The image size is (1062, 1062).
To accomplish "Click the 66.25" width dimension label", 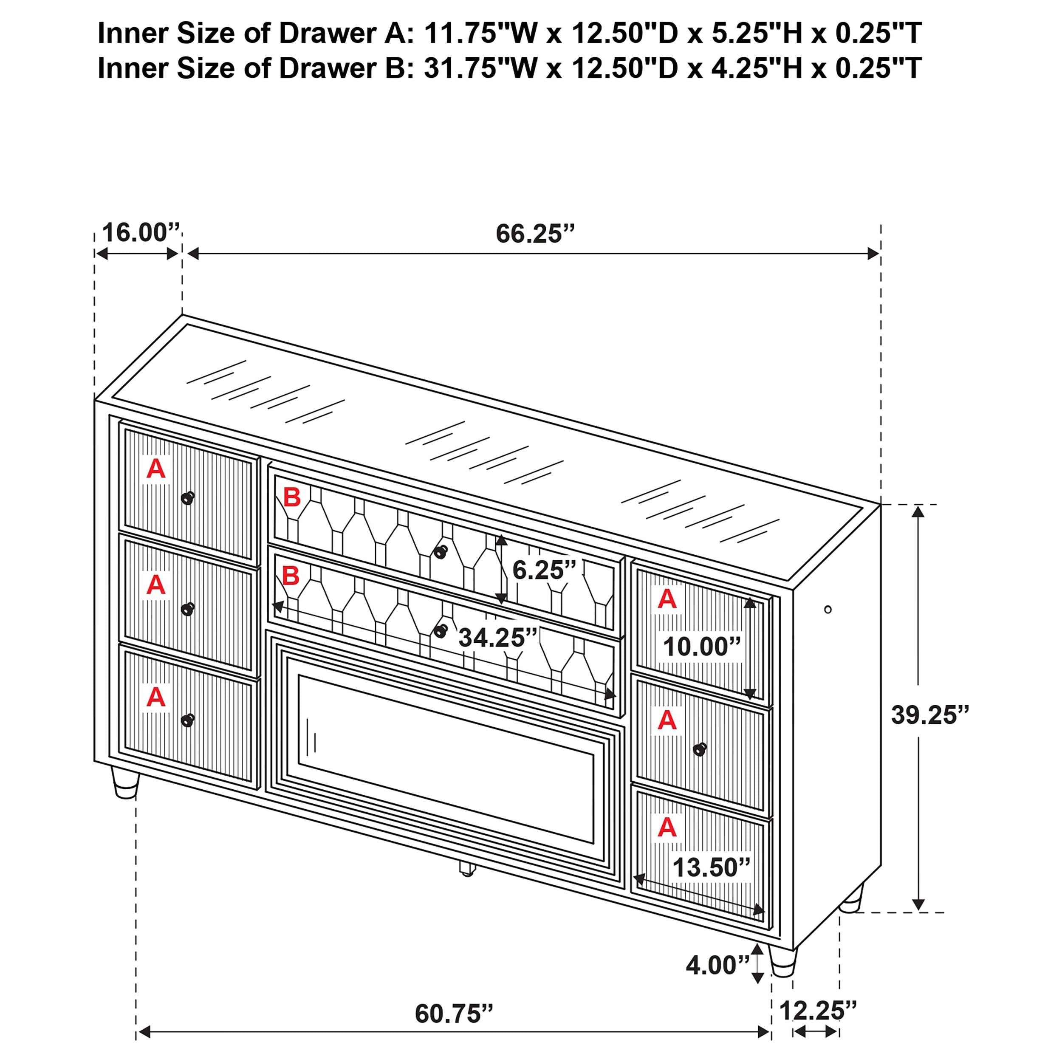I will tap(534, 234).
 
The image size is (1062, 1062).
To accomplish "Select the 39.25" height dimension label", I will tap(929, 715).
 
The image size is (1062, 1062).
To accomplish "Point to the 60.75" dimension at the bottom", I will tap(454, 1014).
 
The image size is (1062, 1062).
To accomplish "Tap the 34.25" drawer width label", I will tap(497, 638).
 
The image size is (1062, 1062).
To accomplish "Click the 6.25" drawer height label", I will tap(544, 570).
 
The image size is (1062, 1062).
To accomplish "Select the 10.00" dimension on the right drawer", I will tap(702, 647).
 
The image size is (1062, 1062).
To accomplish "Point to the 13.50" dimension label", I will tap(711, 867).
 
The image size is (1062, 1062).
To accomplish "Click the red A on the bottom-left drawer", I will tap(156, 697).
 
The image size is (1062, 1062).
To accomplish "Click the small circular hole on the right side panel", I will tap(828, 609).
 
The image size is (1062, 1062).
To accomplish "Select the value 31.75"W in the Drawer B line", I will tap(480, 68).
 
